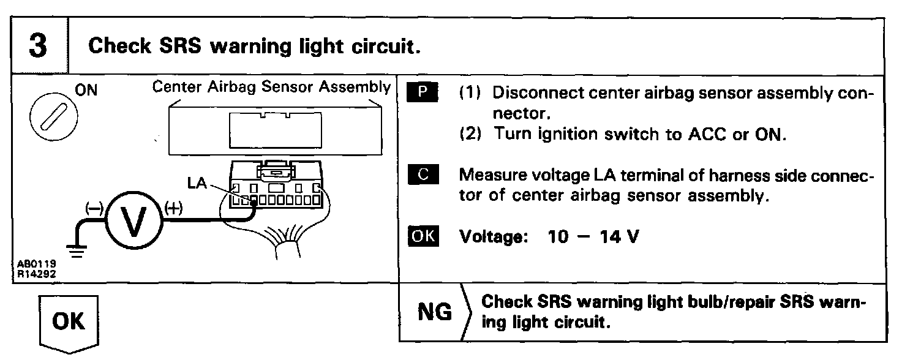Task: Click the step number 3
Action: [x=38, y=47]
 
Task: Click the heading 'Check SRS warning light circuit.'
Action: [x=255, y=47]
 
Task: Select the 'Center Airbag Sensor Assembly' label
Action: [x=271, y=87]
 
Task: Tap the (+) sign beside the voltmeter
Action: [x=175, y=208]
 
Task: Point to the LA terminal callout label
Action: [x=197, y=183]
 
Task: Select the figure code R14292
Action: [x=34, y=274]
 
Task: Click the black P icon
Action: [x=423, y=93]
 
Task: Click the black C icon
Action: [x=423, y=175]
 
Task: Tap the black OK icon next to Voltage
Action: [x=423, y=236]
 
